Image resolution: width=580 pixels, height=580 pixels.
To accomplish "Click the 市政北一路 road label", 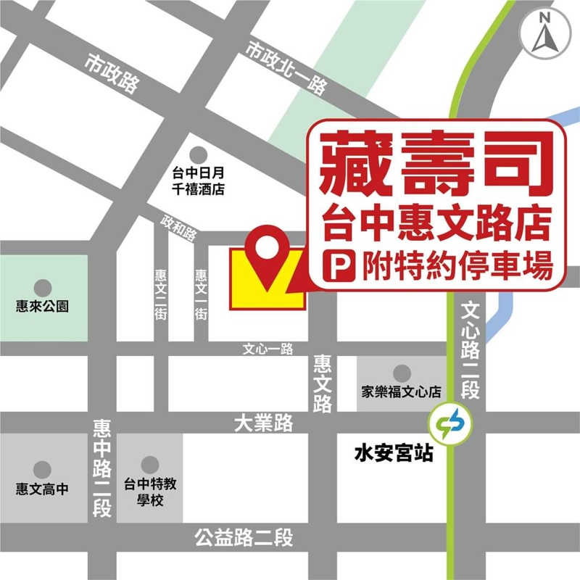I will (286, 69).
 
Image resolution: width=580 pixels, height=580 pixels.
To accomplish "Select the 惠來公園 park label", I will (43, 306).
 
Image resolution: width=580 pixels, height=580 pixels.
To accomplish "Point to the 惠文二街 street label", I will (160, 294).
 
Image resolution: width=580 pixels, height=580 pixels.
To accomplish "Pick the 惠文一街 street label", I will (201, 294).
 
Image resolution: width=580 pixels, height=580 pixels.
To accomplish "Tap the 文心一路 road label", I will (268, 349).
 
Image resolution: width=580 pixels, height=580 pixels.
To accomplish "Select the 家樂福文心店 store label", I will (402, 392).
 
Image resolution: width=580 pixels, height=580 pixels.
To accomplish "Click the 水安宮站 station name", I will (394, 454).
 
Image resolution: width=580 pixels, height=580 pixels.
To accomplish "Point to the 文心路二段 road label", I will (470, 349).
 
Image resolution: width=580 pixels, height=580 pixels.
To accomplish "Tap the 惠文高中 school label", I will (43, 489).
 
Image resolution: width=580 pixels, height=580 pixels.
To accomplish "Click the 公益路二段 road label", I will (244, 538).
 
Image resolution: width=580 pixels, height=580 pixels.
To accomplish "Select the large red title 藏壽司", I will (433, 165).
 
